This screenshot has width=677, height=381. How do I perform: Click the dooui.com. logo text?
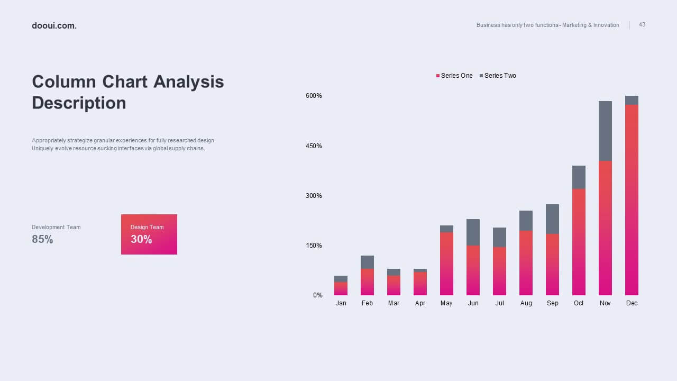(54, 26)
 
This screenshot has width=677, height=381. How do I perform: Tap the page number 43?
(642, 24)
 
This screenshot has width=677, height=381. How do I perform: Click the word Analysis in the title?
(189, 82)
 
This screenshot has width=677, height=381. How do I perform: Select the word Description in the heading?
(79, 103)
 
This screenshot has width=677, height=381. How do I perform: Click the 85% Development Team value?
(42, 239)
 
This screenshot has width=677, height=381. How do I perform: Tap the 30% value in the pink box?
(141, 239)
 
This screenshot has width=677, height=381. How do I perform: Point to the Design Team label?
(147, 227)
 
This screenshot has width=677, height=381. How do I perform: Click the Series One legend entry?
(454, 76)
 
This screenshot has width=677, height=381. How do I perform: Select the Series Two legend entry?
(498, 76)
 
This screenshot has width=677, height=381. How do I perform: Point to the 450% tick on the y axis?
(314, 146)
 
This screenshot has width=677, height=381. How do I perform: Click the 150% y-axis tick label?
(314, 246)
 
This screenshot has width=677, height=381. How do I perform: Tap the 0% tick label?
(318, 295)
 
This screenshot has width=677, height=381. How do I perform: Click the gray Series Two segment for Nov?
(605, 131)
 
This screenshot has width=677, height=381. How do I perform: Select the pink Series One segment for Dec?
(632, 200)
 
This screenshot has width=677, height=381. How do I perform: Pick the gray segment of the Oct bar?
(579, 177)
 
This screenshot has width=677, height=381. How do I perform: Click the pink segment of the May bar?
(446, 264)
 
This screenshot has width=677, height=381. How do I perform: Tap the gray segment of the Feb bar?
(367, 262)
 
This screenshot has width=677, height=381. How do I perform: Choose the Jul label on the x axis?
(500, 303)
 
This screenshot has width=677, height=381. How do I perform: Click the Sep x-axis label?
(553, 303)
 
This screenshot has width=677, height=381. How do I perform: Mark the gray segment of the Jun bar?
(473, 232)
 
